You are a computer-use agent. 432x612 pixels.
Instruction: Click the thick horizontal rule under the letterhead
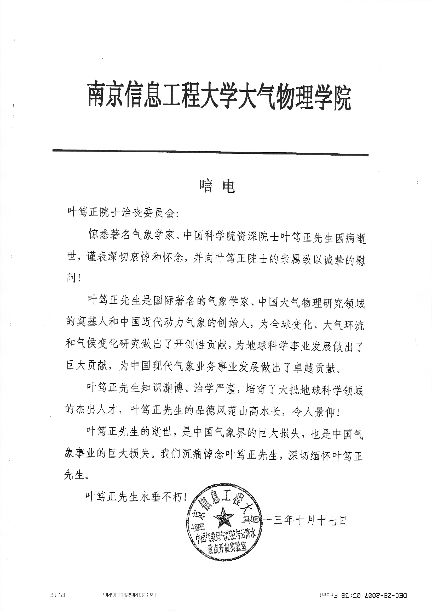(210, 152)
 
